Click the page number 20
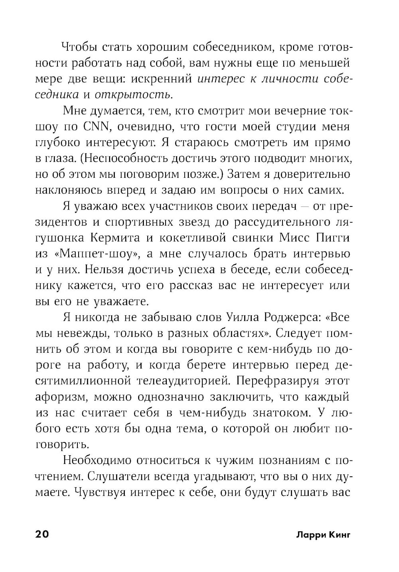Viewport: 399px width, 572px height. tap(42, 534)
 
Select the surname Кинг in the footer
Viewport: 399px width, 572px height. tap(338, 535)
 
